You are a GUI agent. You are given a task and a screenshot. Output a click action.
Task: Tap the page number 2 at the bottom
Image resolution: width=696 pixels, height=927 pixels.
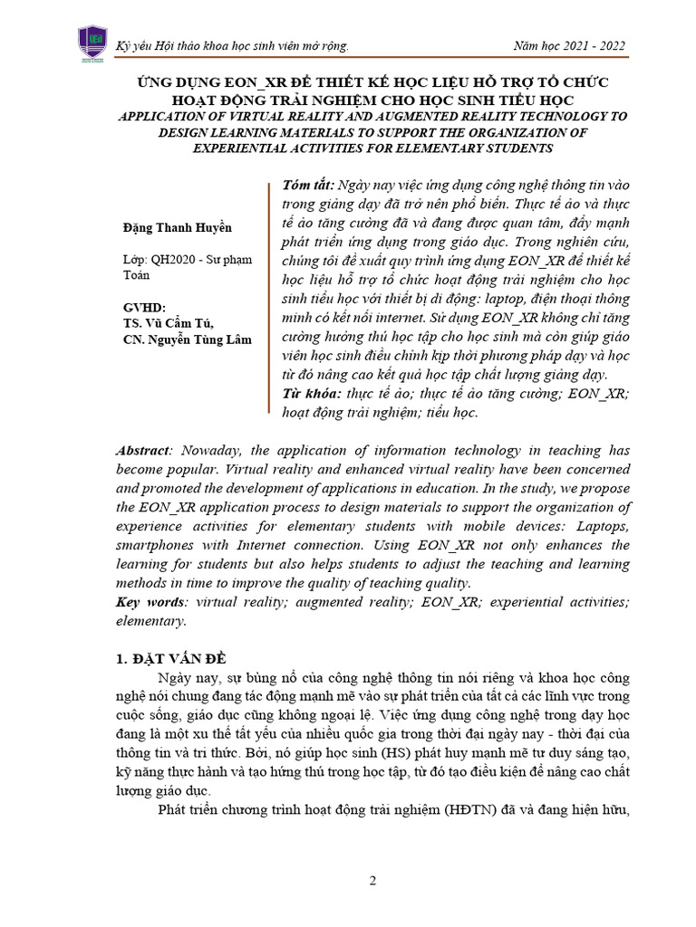(372, 880)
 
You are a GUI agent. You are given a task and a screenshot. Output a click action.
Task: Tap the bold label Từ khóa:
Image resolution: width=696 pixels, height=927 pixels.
(309, 394)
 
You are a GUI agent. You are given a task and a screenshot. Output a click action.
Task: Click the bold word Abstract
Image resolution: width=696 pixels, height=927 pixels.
(143, 450)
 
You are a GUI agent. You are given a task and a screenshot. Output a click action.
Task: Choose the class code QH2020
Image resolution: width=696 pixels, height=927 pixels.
(177, 258)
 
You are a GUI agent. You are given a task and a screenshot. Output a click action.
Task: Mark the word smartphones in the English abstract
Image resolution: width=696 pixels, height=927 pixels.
(160, 545)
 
